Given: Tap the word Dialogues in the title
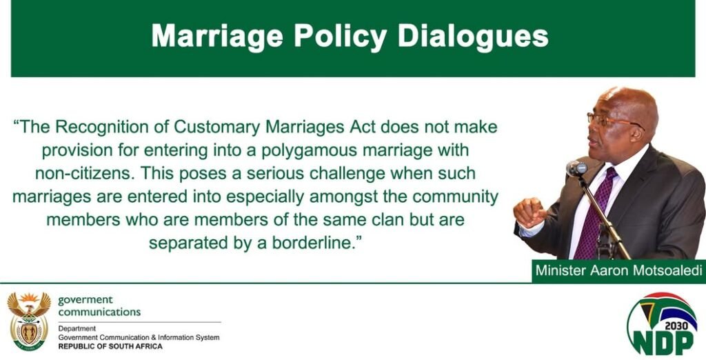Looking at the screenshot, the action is click(473, 36).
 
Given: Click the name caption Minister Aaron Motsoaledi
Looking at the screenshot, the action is click(618, 271).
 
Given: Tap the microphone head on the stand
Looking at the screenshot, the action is click(576, 168).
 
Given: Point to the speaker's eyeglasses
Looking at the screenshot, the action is click(612, 121).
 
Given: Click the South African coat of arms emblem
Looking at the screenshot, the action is click(29, 321).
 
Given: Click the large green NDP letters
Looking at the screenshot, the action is click(664, 343).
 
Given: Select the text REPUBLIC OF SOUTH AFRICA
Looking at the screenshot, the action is click(110, 346).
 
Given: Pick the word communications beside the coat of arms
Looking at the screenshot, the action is click(99, 312).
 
